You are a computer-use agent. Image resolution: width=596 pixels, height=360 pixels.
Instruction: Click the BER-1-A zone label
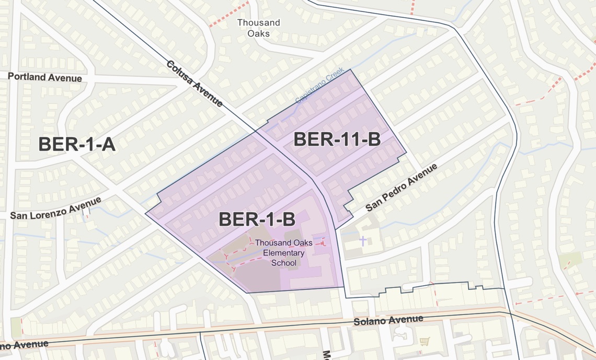[x=77, y=144]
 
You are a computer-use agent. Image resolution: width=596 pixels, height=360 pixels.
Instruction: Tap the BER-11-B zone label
[x=336, y=140]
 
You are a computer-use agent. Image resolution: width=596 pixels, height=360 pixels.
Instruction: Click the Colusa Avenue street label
[x=195, y=84]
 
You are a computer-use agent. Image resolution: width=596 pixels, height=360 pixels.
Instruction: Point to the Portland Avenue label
[x=45, y=77]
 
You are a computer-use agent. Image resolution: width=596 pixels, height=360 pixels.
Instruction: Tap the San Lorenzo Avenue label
[x=56, y=208]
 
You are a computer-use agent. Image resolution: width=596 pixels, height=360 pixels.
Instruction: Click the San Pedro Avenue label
[x=401, y=187]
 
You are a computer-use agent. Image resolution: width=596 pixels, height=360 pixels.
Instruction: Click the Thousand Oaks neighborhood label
[x=258, y=28]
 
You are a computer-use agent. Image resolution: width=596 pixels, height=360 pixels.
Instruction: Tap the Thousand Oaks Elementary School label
[x=284, y=253]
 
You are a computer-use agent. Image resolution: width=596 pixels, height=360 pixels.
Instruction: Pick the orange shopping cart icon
[x=424, y=341]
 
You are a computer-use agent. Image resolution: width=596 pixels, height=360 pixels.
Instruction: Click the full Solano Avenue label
[x=388, y=320]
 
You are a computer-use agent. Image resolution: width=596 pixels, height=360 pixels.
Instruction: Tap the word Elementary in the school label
[x=284, y=253]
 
